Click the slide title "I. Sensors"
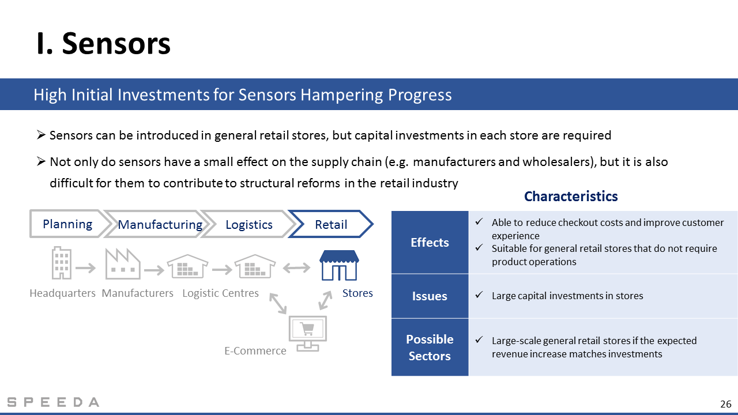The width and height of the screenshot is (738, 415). (103, 43)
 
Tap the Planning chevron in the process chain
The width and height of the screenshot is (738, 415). (67, 224)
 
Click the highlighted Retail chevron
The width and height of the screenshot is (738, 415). (331, 224)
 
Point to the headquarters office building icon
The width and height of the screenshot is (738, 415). (62, 263)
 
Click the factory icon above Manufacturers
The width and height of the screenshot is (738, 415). (123, 264)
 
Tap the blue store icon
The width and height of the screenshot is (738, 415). (339, 265)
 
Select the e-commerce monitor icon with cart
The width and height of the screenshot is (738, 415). (308, 333)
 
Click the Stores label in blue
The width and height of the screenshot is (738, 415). (357, 293)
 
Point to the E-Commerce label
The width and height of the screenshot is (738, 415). (255, 350)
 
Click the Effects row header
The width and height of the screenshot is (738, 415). (430, 242)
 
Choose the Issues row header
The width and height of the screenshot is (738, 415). (430, 296)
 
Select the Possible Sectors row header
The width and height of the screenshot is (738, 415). (430, 347)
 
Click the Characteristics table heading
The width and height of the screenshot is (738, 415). (571, 197)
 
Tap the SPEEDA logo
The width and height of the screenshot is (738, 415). (53, 402)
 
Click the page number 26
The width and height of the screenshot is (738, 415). (726, 404)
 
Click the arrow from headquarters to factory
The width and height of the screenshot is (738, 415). (86, 268)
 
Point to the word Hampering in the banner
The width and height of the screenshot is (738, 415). (342, 95)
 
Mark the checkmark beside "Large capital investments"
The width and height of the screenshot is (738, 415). (479, 295)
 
